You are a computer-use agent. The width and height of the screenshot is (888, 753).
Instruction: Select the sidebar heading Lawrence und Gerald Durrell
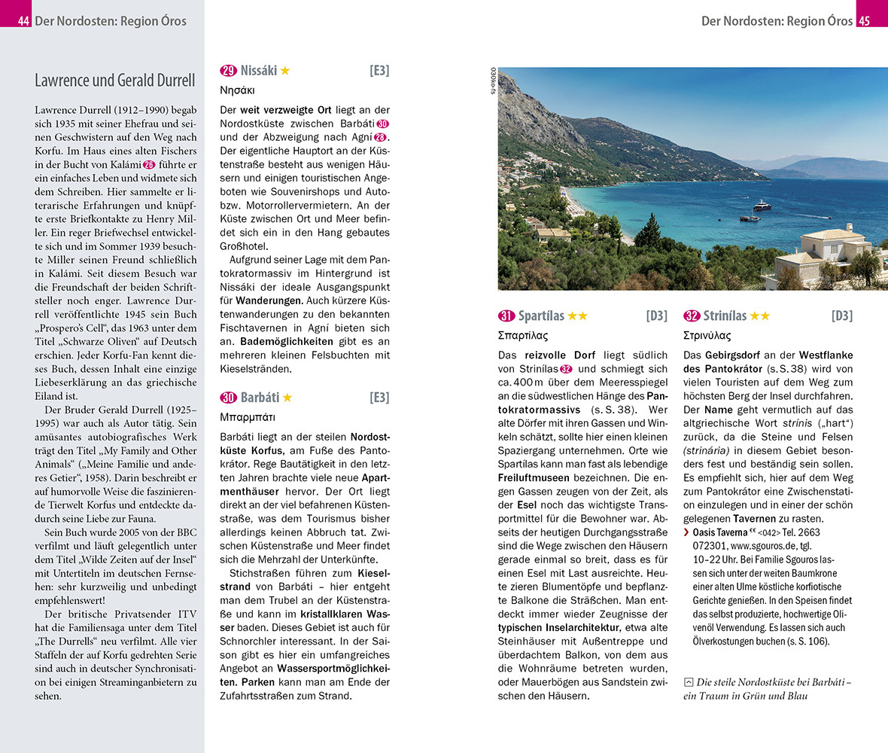[115, 81]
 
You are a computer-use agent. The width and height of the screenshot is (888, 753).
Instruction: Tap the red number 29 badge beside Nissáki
[228, 71]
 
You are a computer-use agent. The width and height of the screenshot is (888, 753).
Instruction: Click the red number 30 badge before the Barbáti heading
[228, 398]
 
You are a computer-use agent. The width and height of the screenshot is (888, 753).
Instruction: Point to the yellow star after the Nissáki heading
[285, 71]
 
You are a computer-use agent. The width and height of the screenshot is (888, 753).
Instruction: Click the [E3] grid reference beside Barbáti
[379, 398]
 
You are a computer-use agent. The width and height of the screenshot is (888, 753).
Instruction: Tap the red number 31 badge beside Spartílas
[506, 316]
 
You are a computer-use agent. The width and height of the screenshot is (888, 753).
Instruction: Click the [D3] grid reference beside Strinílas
[842, 316]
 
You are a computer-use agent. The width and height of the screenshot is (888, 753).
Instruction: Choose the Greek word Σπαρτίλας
[523, 336]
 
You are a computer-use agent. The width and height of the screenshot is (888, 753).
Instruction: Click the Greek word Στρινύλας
[707, 336]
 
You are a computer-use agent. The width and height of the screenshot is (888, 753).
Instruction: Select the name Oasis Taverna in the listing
[719, 532]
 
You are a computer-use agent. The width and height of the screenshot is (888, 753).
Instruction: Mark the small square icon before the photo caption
[688, 682]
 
